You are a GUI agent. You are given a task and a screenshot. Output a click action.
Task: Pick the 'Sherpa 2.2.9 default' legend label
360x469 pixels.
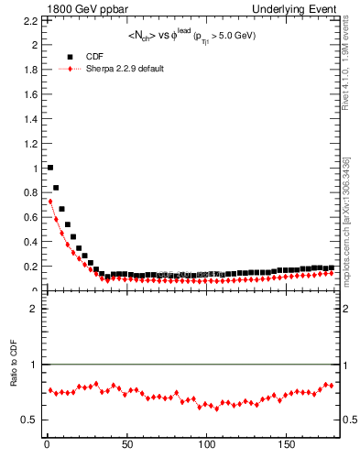tap(125, 69)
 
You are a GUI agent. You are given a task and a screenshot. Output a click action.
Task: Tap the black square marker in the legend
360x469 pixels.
tap(69, 56)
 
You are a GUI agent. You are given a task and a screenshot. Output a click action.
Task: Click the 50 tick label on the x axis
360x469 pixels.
tap(126, 444)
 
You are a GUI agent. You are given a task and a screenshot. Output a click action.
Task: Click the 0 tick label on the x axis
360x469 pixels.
tap(47, 444)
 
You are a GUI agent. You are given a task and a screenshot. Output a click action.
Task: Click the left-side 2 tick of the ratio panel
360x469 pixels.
tap(35, 309)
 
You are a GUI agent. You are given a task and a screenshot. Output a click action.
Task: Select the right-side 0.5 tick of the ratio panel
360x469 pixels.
tap(352, 420)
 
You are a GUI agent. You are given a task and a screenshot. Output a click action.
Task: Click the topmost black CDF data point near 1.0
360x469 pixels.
tap(49, 168)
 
